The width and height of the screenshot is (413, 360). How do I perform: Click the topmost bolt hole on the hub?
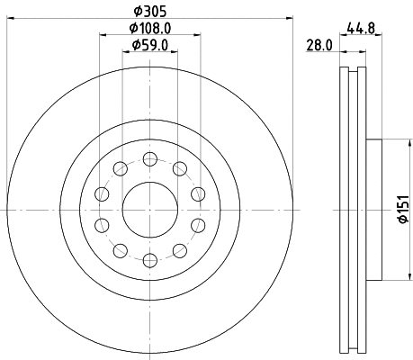(x=150, y=158)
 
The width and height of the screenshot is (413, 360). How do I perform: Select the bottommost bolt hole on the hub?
(x=150, y=259)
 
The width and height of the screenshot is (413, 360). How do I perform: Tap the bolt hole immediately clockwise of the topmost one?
(x=179, y=168)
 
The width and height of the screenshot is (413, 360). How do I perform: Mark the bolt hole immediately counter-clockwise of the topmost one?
(x=121, y=168)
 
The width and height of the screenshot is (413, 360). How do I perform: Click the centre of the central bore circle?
(x=150, y=209)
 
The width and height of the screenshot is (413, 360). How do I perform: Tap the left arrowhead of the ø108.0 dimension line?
(x=103, y=35)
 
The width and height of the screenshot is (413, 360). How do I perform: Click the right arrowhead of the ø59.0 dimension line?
(x=175, y=52)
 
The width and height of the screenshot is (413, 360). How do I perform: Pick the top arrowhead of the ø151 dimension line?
(x=393, y=143)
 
